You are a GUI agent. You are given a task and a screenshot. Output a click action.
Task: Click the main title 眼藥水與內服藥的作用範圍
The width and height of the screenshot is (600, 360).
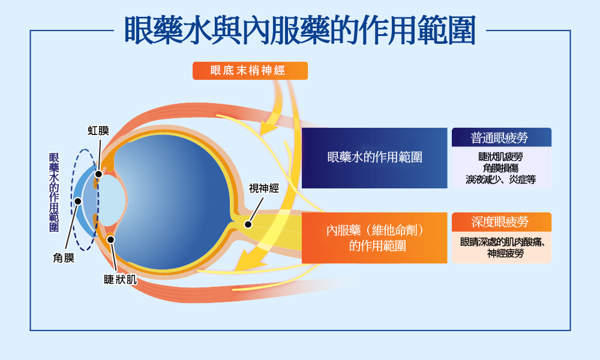(300, 30)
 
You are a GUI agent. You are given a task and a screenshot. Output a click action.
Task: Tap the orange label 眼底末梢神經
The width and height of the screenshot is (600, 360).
(250, 71)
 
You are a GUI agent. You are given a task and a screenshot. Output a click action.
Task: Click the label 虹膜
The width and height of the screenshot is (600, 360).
(98, 130)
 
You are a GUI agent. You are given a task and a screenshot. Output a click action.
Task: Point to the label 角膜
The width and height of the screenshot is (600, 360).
(64, 259)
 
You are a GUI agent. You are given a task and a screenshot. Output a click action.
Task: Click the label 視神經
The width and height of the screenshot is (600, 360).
(264, 189)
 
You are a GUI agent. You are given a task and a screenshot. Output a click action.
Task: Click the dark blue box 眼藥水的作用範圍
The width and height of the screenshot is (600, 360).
(374, 158)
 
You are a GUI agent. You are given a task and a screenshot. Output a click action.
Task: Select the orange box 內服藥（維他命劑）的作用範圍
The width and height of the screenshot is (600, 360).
(374, 238)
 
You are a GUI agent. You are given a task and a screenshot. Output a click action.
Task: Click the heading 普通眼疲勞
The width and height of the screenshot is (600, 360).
(501, 137)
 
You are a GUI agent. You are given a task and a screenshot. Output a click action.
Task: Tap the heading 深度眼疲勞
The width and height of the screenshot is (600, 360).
(501, 222)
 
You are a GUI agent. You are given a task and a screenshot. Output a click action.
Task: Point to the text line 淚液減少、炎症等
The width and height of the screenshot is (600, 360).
(501, 179)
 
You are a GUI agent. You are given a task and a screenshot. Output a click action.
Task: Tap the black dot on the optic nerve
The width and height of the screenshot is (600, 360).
(248, 224)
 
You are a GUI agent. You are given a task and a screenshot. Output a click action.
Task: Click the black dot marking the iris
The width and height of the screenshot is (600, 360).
(98, 173)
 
